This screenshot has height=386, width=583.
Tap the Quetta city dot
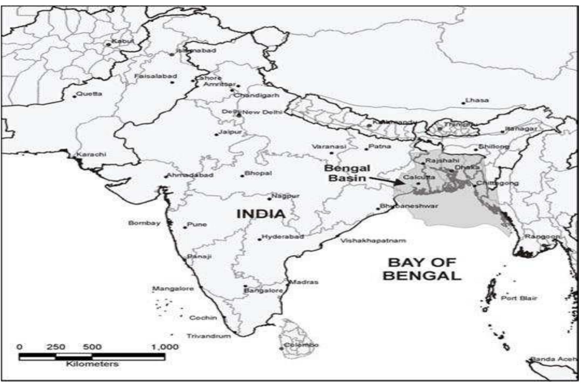(x=75, y=96)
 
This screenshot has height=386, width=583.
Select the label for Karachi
(x=91, y=155)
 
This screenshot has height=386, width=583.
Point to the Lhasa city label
(x=477, y=100)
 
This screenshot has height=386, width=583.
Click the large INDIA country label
(x=261, y=214)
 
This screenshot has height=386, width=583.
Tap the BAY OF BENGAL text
(x=422, y=269)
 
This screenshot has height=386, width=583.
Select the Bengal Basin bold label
(x=347, y=173)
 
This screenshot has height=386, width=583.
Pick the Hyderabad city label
(x=283, y=237)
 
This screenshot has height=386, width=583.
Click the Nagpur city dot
(x=269, y=199)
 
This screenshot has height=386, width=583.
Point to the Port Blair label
(x=519, y=298)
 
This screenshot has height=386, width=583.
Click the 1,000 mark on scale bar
(x=165, y=347)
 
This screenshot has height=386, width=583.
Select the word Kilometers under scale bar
(x=92, y=364)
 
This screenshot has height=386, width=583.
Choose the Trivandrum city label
(x=209, y=336)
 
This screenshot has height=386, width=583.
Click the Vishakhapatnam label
(x=373, y=241)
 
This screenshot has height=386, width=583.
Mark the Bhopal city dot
(x=243, y=176)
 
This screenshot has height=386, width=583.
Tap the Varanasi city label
(x=329, y=147)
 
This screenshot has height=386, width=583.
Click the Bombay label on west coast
(x=144, y=223)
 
